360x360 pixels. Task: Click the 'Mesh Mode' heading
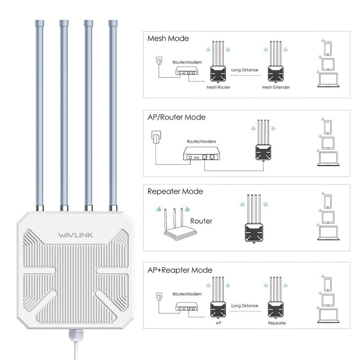[x=168, y=39]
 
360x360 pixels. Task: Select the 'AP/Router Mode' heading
[x=176, y=117]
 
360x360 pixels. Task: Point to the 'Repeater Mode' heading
[x=175, y=191]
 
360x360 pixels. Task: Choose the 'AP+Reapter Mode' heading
[x=180, y=270]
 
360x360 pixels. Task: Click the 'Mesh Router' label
[x=218, y=87]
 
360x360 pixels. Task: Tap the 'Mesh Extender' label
[x=276, y=87]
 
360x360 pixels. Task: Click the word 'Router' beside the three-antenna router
[x=201, y=221]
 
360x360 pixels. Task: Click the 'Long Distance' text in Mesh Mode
[x=245, y=70]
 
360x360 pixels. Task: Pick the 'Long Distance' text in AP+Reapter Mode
[x=245, y=306]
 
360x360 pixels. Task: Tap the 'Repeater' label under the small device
[x=277, y=323]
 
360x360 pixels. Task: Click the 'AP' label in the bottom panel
[x=218, y=323]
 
